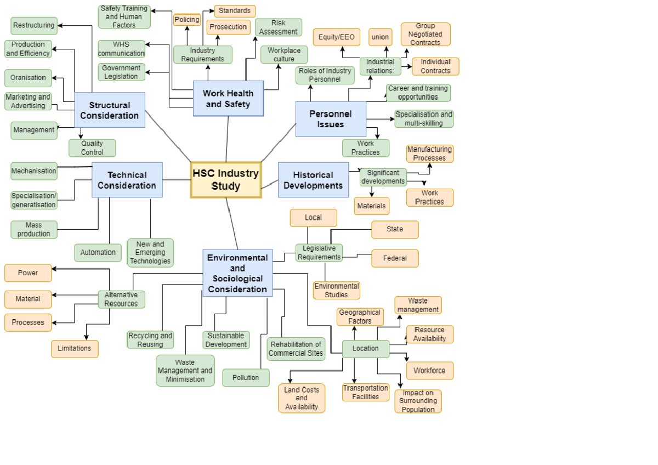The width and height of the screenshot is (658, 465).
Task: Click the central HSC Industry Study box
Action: tap(226, 180)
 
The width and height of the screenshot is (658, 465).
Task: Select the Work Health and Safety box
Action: tap(228, 99)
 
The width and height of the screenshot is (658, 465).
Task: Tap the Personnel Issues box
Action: tap(331, 119)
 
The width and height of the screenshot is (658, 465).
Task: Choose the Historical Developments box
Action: tap(313, 180)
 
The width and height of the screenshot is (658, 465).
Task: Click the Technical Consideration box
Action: tap(127, 180)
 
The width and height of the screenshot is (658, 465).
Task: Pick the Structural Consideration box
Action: tap(110, 110)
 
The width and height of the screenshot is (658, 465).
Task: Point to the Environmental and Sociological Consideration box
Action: tap(237, 273)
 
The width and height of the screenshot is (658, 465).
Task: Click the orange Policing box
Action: tap(187, 20)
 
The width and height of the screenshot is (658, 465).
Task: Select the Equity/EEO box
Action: tap(337, 37)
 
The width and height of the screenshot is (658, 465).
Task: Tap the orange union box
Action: tap(380, 37)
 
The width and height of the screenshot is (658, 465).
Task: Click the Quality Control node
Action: tap(92, 148)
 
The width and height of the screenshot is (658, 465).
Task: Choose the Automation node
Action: tap(98, 253)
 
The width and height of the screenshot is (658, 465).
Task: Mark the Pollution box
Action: tap(246, 378)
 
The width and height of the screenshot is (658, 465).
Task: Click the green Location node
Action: tap(366, 349)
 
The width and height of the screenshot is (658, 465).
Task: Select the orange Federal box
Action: tap(395, 258)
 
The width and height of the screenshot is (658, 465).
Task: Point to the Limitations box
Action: tap(75, 349)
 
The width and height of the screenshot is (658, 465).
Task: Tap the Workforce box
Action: tap(429, 371)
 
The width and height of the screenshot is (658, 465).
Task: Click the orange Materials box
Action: tap(372, 206)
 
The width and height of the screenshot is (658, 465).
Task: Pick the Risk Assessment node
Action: tap(279, 27)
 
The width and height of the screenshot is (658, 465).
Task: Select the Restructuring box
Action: tap(34, 25)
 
